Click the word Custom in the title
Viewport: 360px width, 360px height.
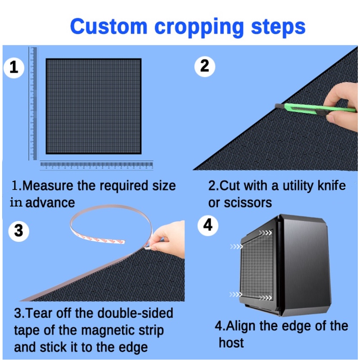108,26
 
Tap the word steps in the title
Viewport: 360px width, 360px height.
278,28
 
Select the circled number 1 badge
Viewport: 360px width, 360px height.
14,68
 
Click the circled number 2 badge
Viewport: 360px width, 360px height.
205,66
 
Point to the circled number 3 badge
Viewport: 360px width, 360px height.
18,231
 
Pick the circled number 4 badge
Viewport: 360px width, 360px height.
208,225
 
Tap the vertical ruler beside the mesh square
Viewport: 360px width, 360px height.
33,103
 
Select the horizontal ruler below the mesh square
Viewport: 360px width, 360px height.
96,165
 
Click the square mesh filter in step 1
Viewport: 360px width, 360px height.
93,106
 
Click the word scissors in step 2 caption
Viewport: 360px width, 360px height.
248,203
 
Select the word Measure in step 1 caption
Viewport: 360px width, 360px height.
48,185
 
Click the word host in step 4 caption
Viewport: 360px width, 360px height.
231,342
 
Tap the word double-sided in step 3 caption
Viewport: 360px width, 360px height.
135,313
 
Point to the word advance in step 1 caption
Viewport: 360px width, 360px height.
50,203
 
